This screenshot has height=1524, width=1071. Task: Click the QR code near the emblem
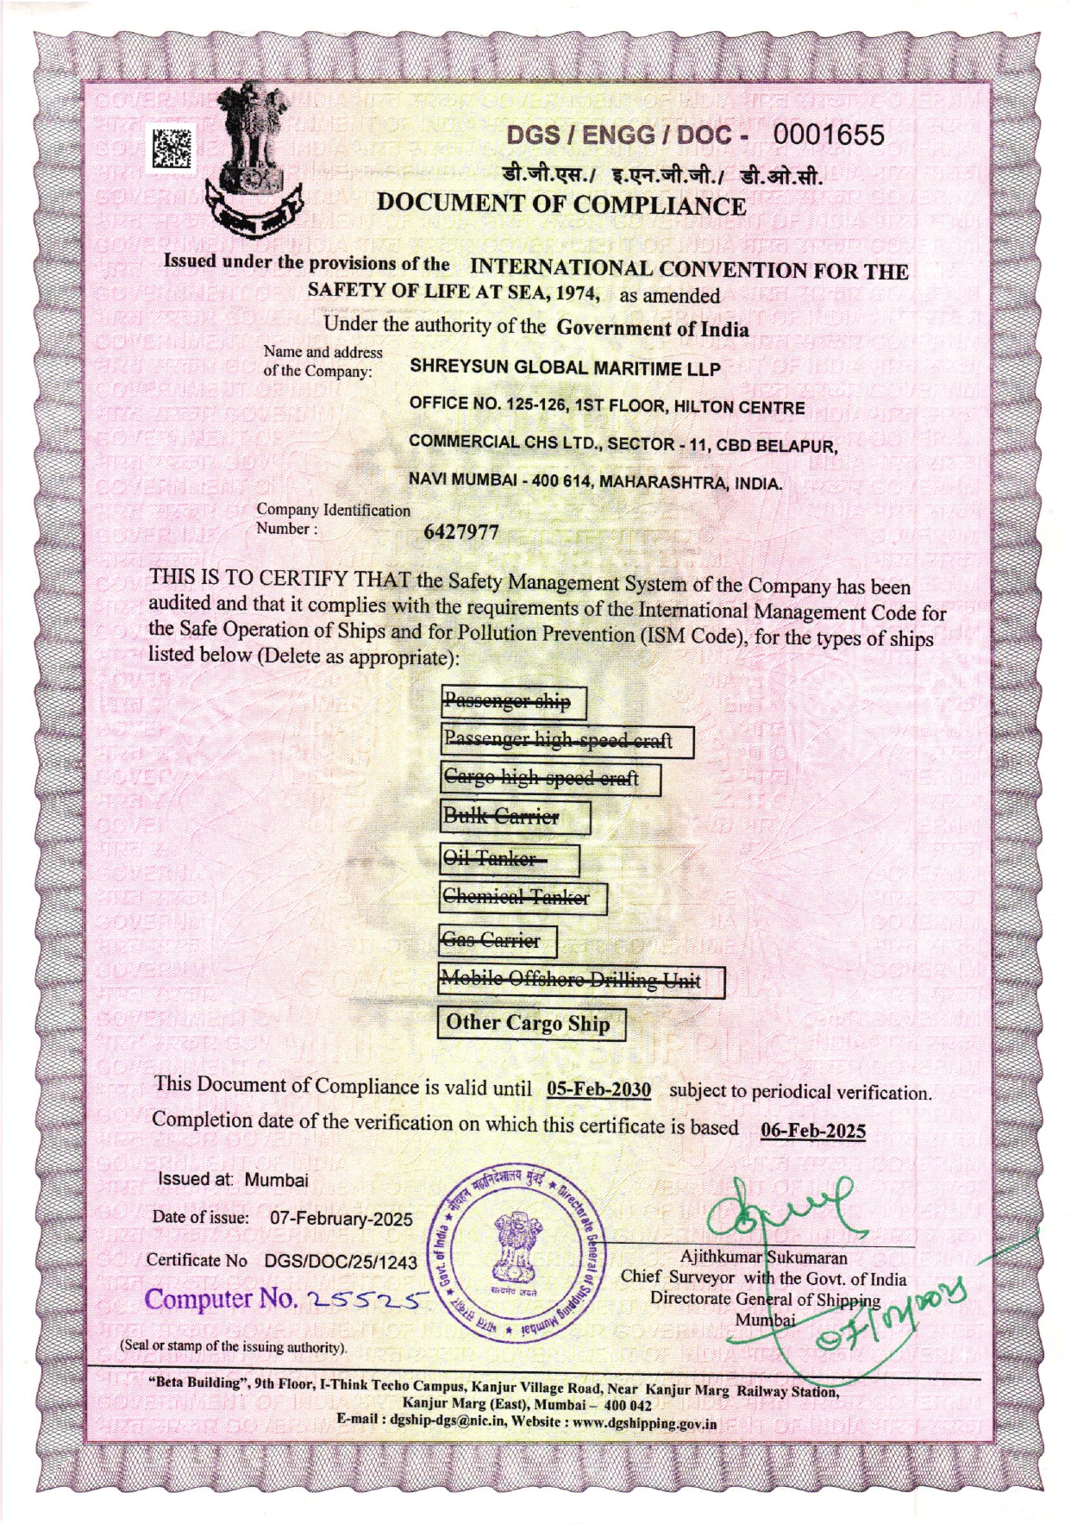[x=174, y=147]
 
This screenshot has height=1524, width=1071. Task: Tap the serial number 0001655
[x=828, y=135]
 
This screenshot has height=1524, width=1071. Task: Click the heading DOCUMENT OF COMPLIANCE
[x=561, y=205]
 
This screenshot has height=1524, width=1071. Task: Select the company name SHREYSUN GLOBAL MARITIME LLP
[x=565, y=367]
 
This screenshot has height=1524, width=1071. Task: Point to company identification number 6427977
[x=461, y=532]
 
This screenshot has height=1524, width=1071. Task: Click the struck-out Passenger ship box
[x=513, y=702]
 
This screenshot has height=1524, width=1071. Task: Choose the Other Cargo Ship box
[x=529, y=1024]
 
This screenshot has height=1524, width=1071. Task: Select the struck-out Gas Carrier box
[x=498, y=940]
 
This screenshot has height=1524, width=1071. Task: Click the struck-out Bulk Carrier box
[x=515, y=817]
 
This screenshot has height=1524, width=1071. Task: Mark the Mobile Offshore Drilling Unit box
[x=580, y=981]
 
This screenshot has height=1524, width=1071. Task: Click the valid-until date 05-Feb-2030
[x=598, y=1089]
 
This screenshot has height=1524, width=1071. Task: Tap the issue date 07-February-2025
[x=341, y=1219]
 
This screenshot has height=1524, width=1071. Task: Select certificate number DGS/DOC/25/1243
[x=341, y=1262]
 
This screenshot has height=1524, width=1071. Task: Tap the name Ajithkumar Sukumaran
[x=763, y=1257]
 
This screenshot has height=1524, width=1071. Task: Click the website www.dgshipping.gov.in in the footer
[x=644, y=1423]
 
